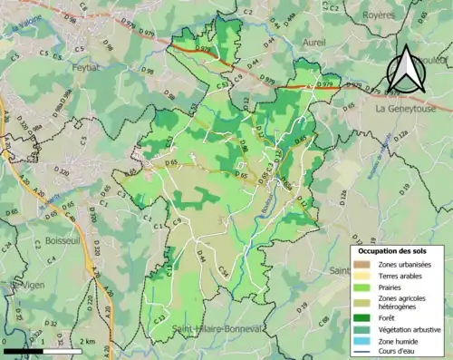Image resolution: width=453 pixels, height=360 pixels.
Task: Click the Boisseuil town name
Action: point(63,241)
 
